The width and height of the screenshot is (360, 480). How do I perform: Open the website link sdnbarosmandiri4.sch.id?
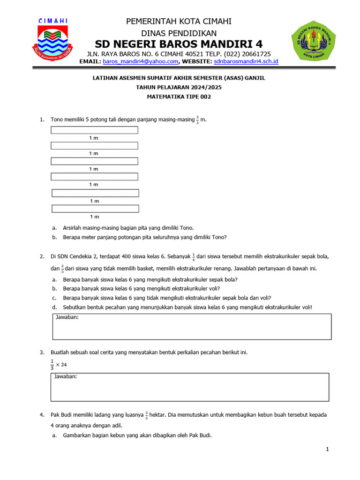pyautogui.click(x=246, y=61)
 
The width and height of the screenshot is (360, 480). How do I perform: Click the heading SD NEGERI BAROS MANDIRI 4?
pyautogui.click(x=179, y=45)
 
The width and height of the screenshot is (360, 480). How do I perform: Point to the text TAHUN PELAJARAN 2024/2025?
pyautogui.click(x=179, y=88)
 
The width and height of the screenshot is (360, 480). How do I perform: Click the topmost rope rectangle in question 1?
pyautogui.click(x=94, y=130)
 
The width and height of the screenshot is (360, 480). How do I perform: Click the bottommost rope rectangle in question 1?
pyautogui.click(x=95, y=209)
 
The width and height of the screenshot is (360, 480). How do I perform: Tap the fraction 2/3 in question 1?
pyautogui.click(x=198, y=120)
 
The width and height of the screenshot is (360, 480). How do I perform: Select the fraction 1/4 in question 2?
pyautogui.click(x=194, y=257)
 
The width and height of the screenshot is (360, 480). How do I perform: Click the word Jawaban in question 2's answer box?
pyautogui.click(x=67, y=318)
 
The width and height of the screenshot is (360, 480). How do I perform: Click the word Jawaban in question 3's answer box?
pyautogui.click(x=66, y=376)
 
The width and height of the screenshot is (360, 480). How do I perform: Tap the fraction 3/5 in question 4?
pyautogui.click(x=146, y=415)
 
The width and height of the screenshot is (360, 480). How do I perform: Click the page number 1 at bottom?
pyautogui.click(x=328, y=450)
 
